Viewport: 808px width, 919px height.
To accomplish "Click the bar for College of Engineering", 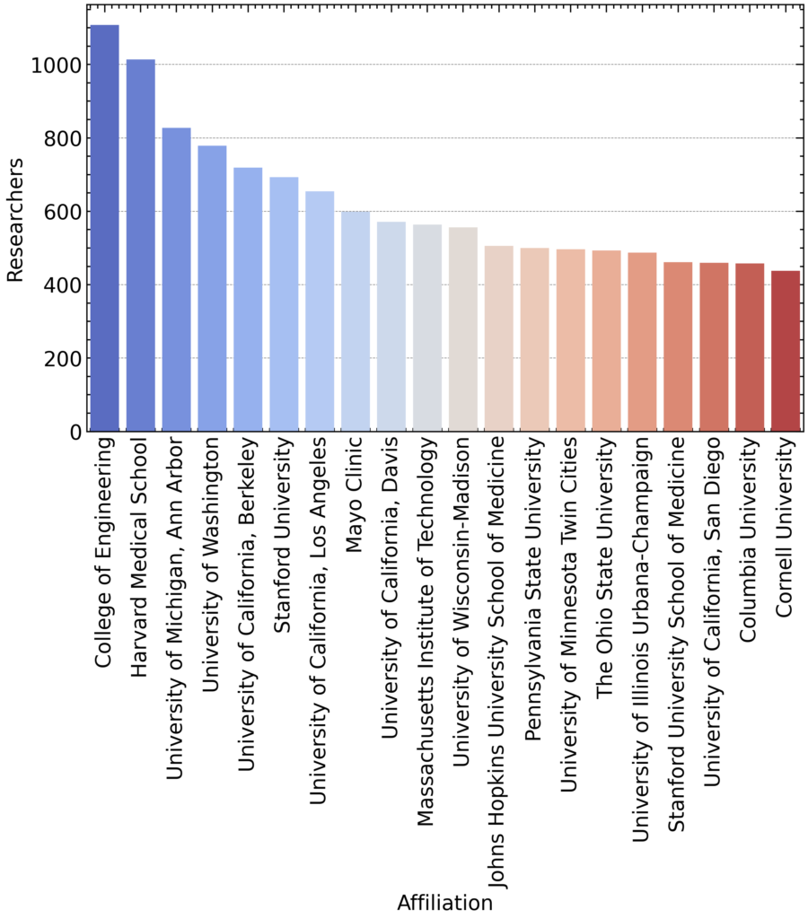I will click(x=105, y=229).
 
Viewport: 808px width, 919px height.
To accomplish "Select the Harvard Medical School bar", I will click(x=141, y=246).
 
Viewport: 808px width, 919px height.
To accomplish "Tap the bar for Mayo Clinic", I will click(x=356, y=322).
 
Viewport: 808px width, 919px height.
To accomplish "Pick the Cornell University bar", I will click(x=786, y=351).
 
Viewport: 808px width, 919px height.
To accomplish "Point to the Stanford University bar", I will click(x=284, y=305).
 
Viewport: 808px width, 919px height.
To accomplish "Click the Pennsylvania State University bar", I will click(x=535, y=340).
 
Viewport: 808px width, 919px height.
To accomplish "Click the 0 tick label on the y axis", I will click(x=75, y=433).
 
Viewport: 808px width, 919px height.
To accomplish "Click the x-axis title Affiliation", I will click(x=444, y=903).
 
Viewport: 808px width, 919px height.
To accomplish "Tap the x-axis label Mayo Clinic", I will click(x=356, y=482).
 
